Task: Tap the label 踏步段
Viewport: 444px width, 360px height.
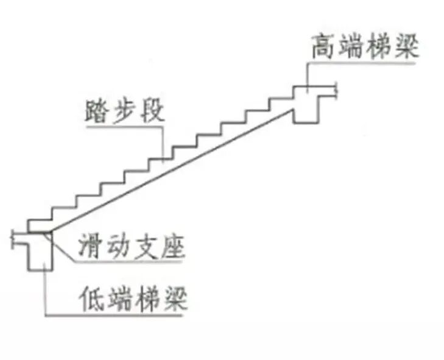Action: (x=125, y=112)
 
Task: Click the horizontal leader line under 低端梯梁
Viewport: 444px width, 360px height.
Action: (x=116, y=316)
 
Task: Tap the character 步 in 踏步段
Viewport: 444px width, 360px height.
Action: (x=125, y=112)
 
